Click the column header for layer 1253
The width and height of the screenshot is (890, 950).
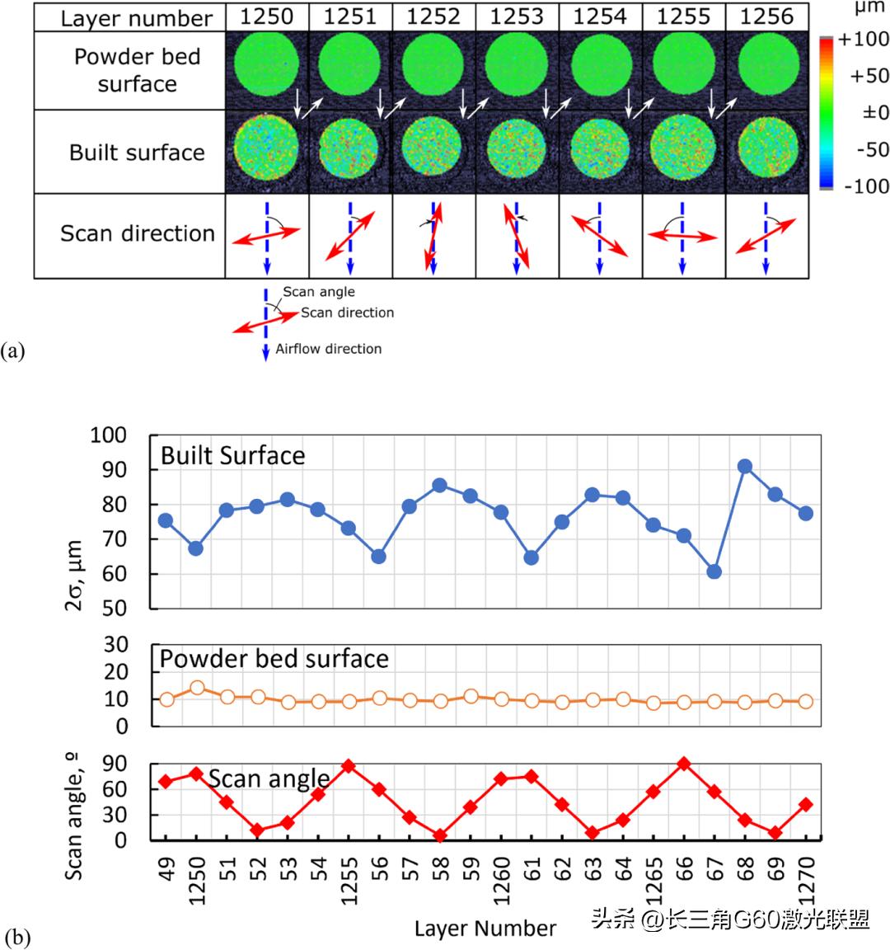(516, 16)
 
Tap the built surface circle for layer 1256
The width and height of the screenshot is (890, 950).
(767, 151)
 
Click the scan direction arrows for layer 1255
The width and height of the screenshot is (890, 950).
(682, 235)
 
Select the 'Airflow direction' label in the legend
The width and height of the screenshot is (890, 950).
(328, 349)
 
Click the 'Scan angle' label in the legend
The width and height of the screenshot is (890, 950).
(319, 291)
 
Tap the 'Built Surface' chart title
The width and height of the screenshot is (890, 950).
(232, 455)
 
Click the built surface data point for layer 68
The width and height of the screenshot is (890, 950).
(745, 467)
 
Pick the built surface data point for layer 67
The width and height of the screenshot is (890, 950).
(714, 571)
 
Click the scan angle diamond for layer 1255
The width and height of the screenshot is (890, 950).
(349, 766)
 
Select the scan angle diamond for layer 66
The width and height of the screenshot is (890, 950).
(683, 764)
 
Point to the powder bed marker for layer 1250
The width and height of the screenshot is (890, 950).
(196, 688)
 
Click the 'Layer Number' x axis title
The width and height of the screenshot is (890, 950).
(485, 929)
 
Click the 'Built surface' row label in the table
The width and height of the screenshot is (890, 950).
(137, 153)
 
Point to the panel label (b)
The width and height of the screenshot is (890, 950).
(18, 937)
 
